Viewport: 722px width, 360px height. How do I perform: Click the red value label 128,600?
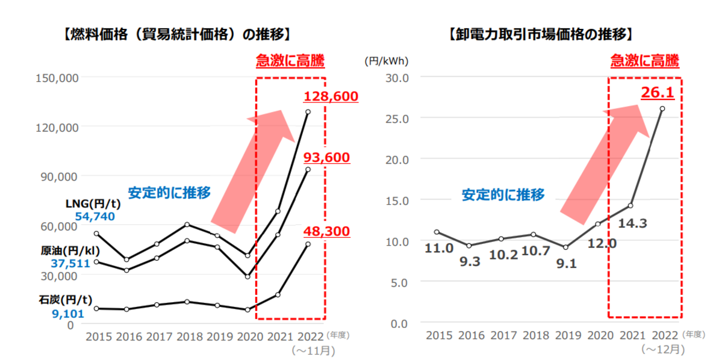click(x=331, y=96)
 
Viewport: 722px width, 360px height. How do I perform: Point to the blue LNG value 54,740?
click(x=95, y=216)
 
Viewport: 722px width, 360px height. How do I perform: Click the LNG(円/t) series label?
click(x=93, y=203)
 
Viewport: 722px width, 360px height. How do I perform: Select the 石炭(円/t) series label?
click(x=70, y=299)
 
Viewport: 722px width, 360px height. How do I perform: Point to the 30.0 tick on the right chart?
click(x=397, y=77)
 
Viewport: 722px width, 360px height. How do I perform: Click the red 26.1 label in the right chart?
click(x=658, y=92)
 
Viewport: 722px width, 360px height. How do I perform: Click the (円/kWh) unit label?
click(x=386, y=60)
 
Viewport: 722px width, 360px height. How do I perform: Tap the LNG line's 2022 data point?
click(x=308, y=112)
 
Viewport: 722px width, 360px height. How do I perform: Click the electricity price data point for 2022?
click(x=662, y=109)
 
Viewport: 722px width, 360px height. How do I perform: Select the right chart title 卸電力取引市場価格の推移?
click(x=540, y=33)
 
